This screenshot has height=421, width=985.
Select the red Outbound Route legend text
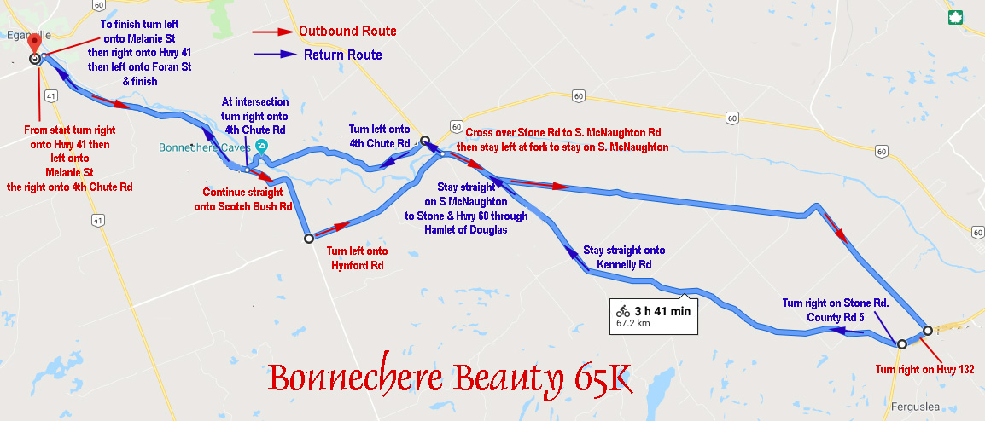pos(347,31)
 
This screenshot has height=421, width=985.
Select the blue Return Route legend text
pos(342,55)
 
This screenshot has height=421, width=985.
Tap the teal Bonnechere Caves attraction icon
pos(260,146)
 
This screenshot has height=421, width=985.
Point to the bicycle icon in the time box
pos(624,310)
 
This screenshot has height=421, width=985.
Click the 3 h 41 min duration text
pos(662,310)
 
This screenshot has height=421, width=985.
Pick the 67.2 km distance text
pos(632,324)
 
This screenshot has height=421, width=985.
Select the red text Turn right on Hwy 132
pos(925,369)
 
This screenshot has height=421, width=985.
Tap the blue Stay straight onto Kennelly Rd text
pos(623,257)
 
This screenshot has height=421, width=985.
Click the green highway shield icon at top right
pos(956,17)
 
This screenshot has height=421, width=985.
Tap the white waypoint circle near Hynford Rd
pos(309,239)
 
